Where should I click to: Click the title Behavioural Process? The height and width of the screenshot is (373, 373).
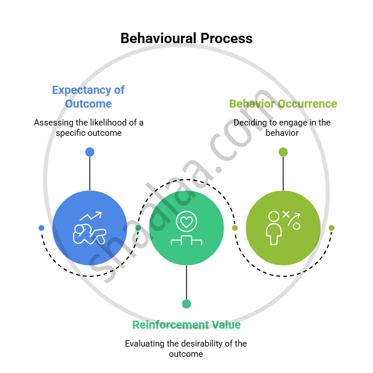[186, 39]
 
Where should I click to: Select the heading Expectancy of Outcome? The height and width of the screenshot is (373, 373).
[88, 97]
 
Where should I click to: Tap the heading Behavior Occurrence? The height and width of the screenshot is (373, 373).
[283, 104]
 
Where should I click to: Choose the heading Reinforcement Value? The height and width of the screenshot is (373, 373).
[186, 325]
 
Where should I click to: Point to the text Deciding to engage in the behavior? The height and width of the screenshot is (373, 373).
[282, 128]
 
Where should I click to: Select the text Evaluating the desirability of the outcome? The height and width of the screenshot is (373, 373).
[186, 349]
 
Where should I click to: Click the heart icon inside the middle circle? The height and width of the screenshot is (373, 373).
[186, 220]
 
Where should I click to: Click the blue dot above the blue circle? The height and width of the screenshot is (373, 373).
[90, 152]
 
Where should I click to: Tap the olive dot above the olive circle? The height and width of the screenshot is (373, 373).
[283, 152]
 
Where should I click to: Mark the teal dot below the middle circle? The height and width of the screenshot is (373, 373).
[186, 304]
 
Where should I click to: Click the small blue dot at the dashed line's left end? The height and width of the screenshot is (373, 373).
[41, 228]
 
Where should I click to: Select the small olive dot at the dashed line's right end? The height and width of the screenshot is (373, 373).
[332, 228]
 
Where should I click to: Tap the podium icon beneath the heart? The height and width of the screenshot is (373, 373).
[186, 239]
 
